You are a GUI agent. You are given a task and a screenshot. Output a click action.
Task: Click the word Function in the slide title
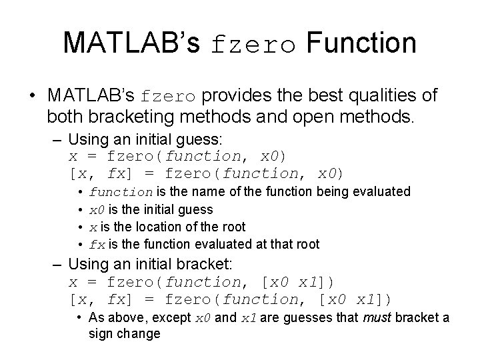(361, 43)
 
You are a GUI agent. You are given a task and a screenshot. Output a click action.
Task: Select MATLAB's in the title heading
(131, 43)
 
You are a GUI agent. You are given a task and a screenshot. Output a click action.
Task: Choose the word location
(149, 227)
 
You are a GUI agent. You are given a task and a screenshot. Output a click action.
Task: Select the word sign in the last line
(101, 333)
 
